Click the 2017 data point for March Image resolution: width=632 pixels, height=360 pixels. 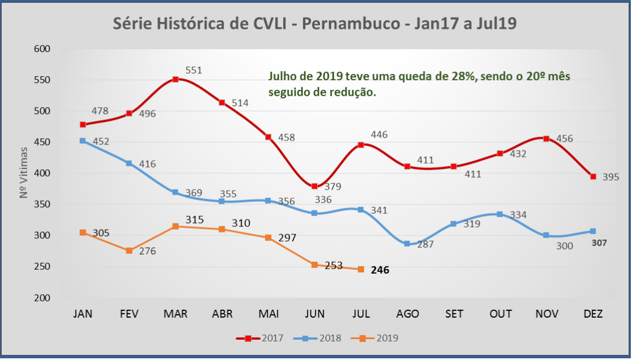175,79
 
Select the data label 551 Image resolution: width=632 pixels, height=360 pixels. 195,71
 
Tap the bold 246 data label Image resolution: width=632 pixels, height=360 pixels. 380,270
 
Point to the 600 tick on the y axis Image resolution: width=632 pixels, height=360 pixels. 42,49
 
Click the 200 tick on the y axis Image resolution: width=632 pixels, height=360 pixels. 42,298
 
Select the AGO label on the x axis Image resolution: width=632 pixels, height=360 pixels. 407,314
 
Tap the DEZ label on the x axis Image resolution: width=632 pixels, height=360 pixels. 592,314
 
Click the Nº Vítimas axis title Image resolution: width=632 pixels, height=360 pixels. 24,172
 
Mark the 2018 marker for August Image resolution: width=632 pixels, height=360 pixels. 407,244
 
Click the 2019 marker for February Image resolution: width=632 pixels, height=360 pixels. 129,251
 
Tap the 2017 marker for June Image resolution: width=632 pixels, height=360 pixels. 314,187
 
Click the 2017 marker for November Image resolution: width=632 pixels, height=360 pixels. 546,138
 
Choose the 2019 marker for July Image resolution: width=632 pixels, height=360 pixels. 361,269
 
